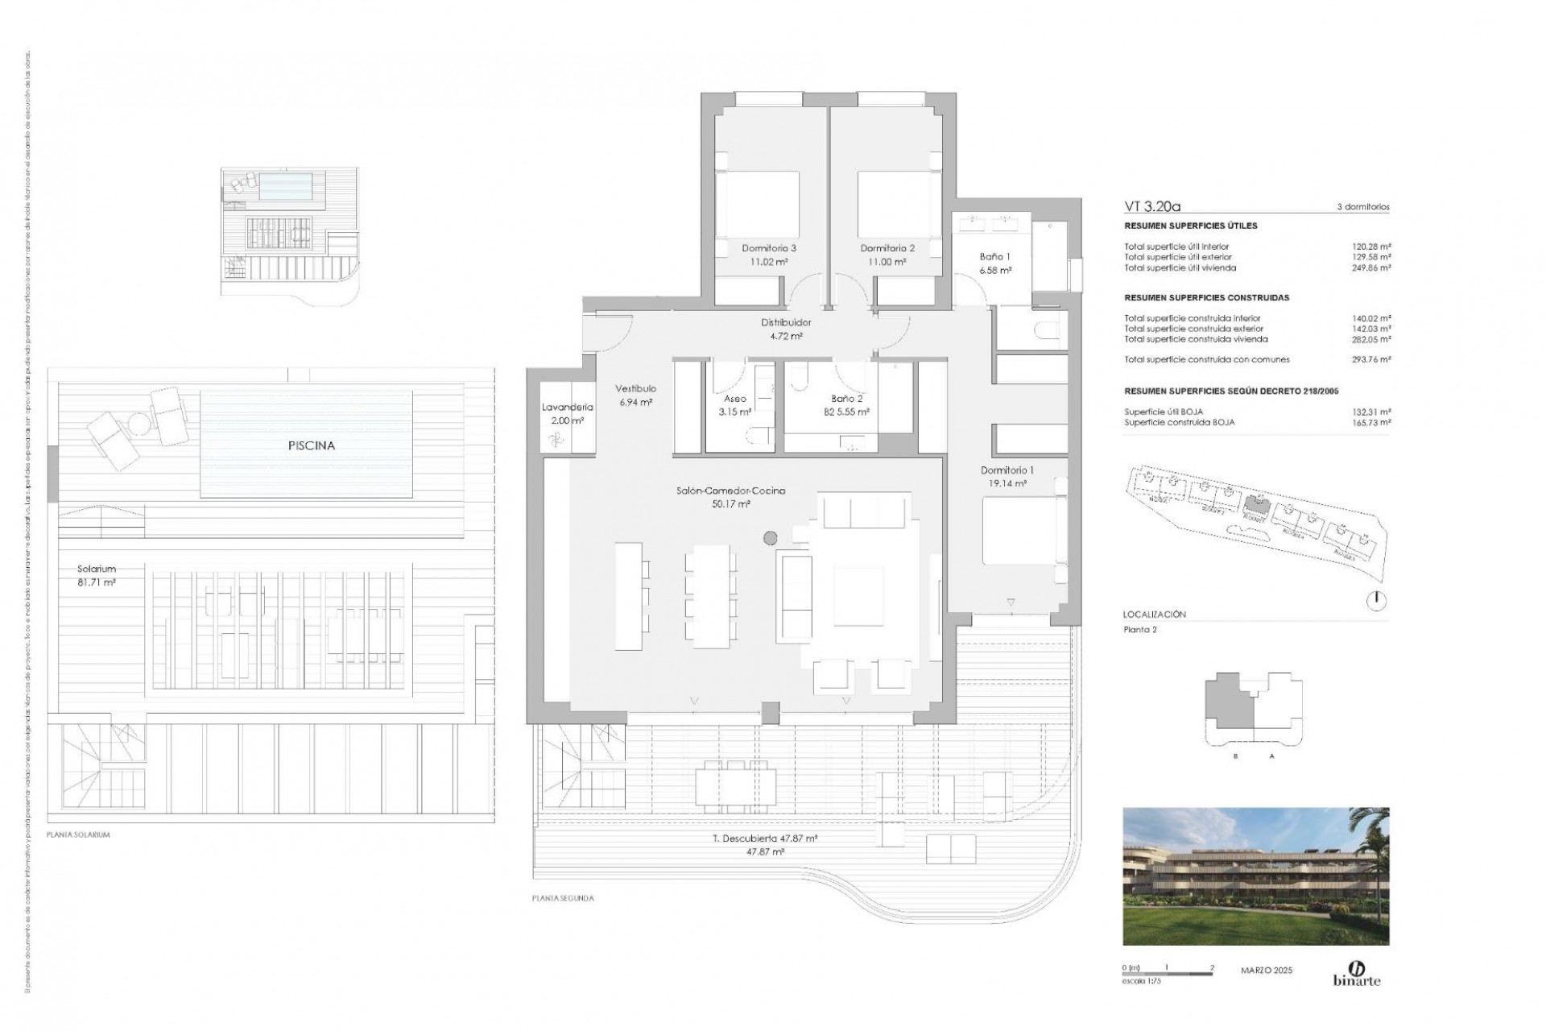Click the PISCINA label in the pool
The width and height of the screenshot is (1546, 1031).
310,445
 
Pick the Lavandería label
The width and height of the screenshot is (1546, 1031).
567,408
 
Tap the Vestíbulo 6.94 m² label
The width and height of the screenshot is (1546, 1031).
635,395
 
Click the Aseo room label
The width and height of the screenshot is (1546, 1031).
734,399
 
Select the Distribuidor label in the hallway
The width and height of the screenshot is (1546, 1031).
786,322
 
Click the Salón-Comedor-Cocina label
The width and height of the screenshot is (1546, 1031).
731,491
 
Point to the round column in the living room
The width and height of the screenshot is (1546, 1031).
770,537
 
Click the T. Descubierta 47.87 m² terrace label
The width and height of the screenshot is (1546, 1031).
765,838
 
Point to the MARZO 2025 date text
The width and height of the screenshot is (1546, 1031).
1266,971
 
